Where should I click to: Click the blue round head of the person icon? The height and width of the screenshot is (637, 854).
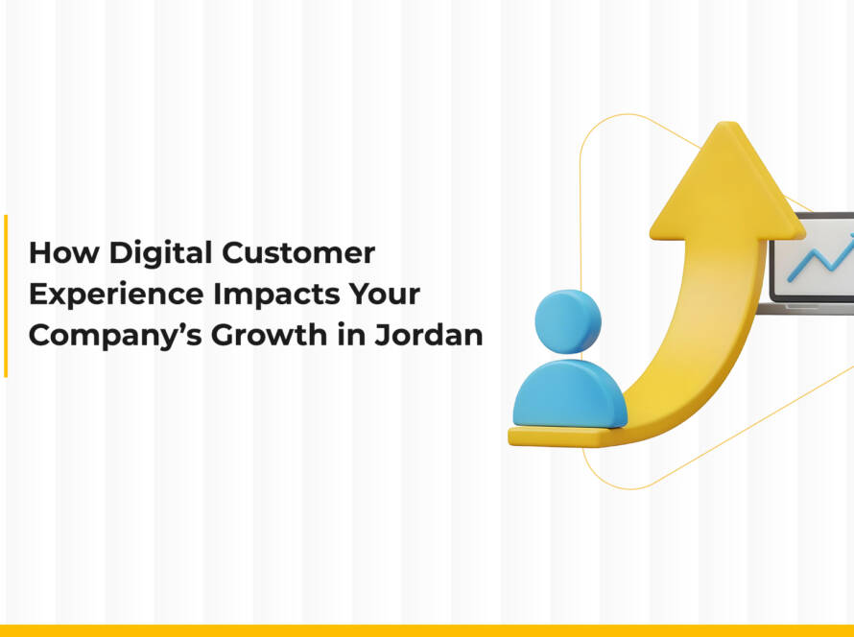567,320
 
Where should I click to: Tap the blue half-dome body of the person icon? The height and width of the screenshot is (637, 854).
569,395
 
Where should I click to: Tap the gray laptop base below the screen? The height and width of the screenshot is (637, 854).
806,308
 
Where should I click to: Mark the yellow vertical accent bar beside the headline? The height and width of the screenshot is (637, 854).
5,295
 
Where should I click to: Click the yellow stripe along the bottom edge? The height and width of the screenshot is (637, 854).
427,630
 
